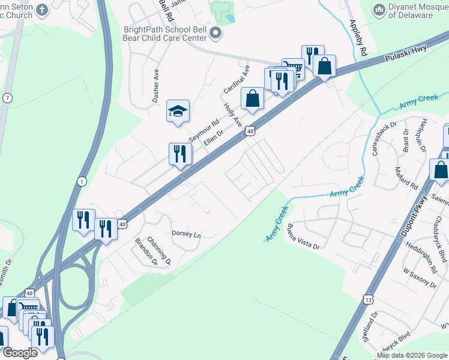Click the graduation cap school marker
click(178, 110)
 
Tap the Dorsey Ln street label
click(186, 235)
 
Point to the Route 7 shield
click(7, 97)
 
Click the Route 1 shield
click(82, 181)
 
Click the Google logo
click(20, 353)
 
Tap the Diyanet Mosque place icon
click(379, 10)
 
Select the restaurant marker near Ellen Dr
click(180, 154)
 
